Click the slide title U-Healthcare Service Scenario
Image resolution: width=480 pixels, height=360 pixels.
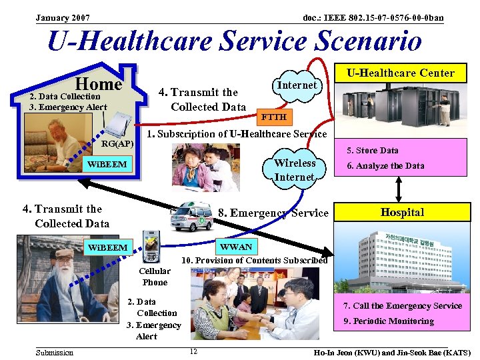pos(234,41)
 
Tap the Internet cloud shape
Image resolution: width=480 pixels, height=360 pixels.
pos(297,85)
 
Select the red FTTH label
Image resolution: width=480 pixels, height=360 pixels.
pos(273,117)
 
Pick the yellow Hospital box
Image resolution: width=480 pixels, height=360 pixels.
pos(402,213)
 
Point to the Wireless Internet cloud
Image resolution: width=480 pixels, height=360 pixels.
pos(294,170)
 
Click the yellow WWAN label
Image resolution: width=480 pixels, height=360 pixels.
pos(236,247)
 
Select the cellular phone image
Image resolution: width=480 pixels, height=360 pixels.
pos(151,247)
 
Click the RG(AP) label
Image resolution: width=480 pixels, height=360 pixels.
pos(117,143)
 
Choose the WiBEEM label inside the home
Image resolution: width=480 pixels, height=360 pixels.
pos(107,163)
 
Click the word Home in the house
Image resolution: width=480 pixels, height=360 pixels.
pos(98,84)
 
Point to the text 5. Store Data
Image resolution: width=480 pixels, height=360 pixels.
pos(372,151)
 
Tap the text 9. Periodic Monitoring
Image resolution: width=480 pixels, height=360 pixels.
pos(388,321)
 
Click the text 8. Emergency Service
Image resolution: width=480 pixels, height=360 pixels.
pos(273,213)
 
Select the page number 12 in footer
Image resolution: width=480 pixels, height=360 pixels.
pos(193,351)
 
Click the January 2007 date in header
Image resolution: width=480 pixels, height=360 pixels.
pos(63,17)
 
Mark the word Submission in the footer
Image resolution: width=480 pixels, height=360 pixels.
pos(55,352)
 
